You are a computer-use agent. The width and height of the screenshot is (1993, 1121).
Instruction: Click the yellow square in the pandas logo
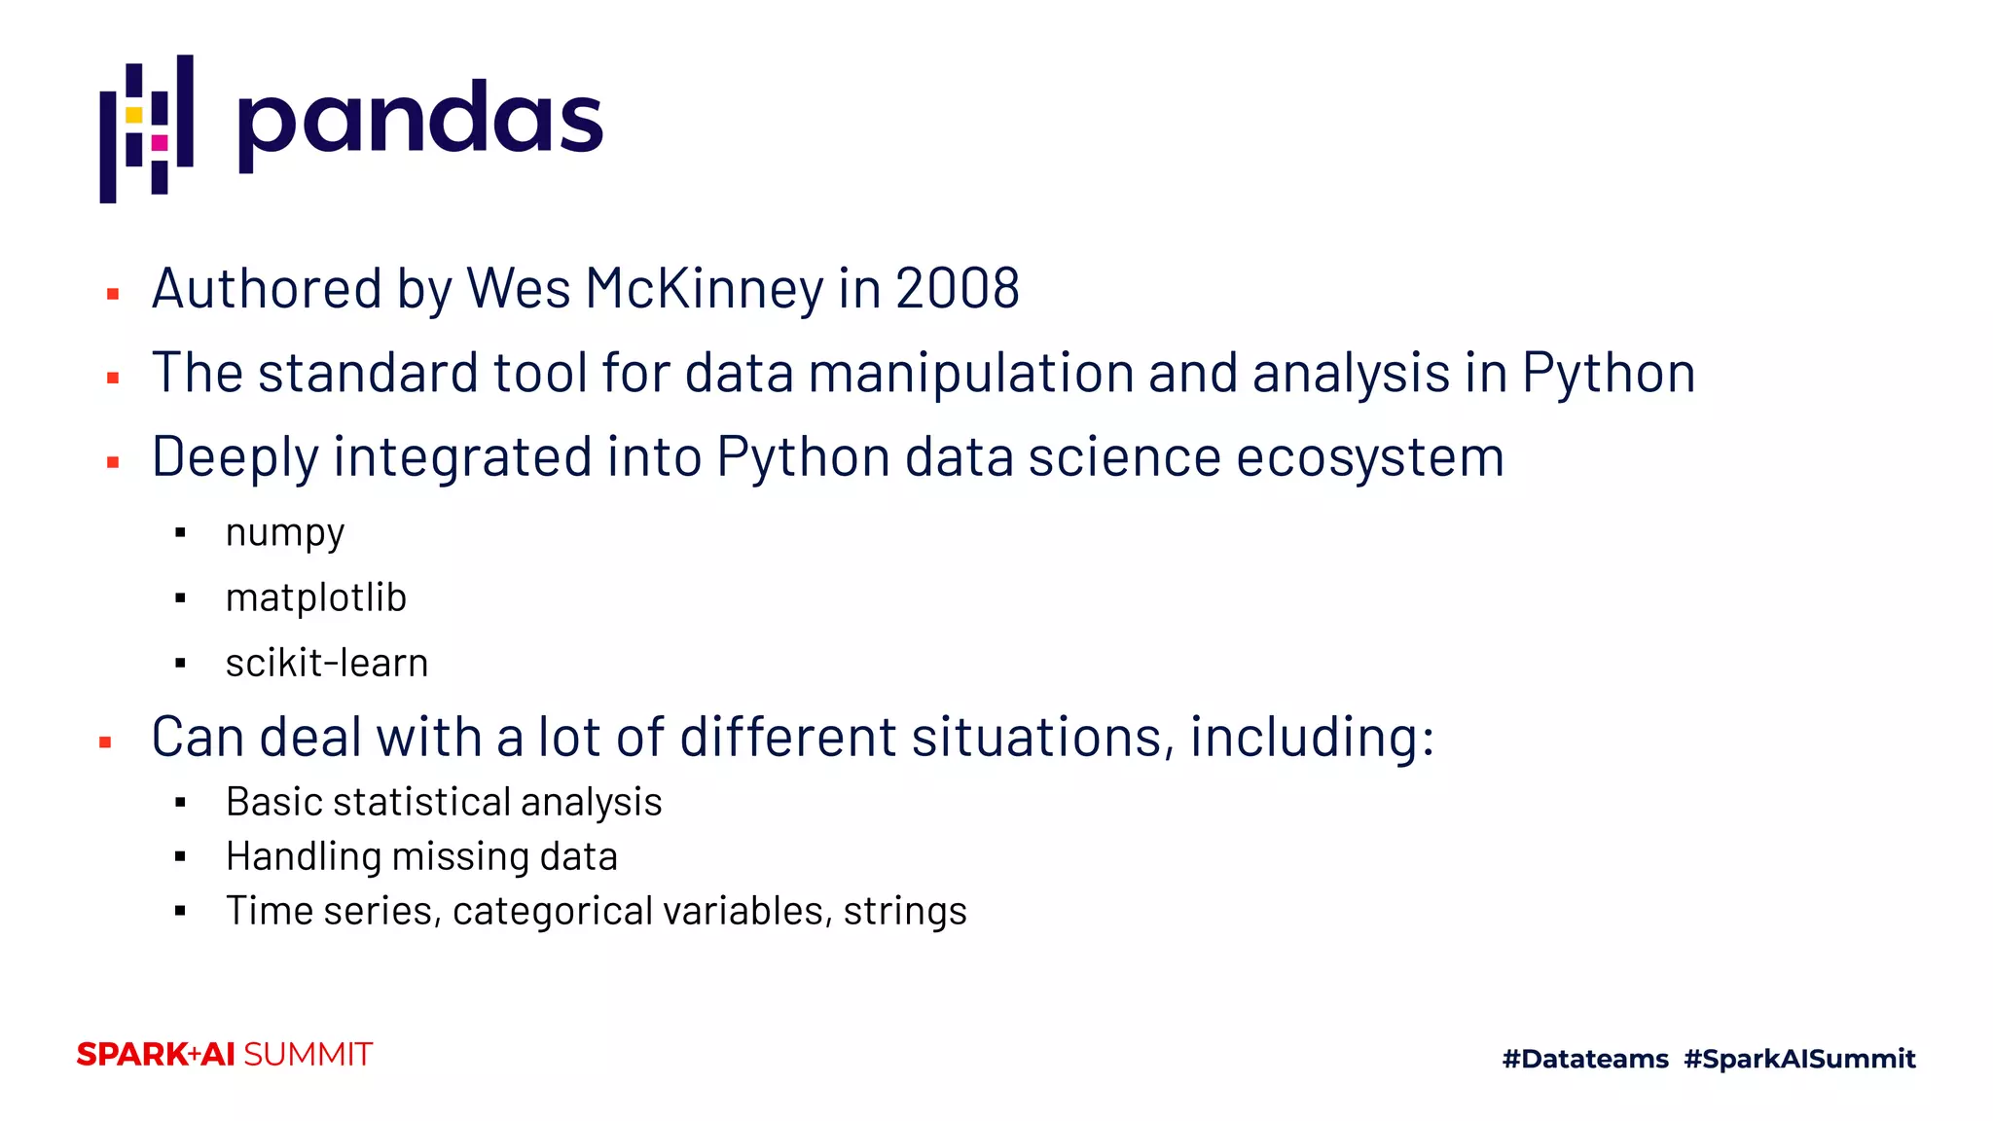point(134,115)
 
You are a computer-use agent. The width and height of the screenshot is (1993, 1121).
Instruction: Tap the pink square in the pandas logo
point(160,143)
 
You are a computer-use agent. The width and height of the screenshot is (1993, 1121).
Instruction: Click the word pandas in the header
point(419,121)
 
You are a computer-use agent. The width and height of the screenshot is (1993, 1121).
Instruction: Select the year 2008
point(957,289)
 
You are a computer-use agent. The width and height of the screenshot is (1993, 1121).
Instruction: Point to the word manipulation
point(970,374)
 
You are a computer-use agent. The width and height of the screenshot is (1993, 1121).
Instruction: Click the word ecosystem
point(1369,457)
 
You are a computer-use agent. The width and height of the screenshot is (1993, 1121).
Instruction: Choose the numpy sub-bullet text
point(285,533)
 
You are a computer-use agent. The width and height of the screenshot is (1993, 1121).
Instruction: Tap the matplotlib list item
point(316,597)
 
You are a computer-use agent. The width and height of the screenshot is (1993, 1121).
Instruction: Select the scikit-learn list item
point(327,664)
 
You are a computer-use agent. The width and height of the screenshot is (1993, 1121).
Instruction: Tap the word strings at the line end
point(905,912)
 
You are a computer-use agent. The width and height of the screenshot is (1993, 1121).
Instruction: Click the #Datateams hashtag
point(1585,1059)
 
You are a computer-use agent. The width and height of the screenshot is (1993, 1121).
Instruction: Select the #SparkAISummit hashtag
point(1799,1059)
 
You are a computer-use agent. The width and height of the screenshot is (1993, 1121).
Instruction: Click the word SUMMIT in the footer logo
point(308,1055)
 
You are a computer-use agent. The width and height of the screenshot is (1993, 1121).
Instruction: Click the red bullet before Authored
point(113,293)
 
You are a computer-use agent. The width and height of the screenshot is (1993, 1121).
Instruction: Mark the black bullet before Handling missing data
point(180,857)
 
